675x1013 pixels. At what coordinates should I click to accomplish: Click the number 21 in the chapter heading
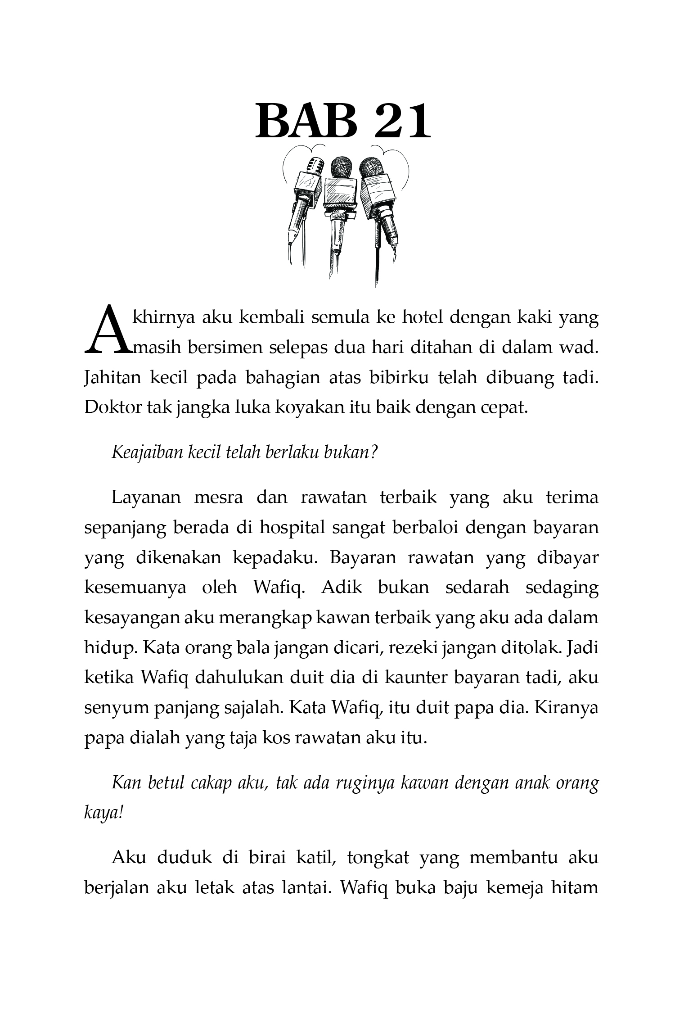click(402, 121)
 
